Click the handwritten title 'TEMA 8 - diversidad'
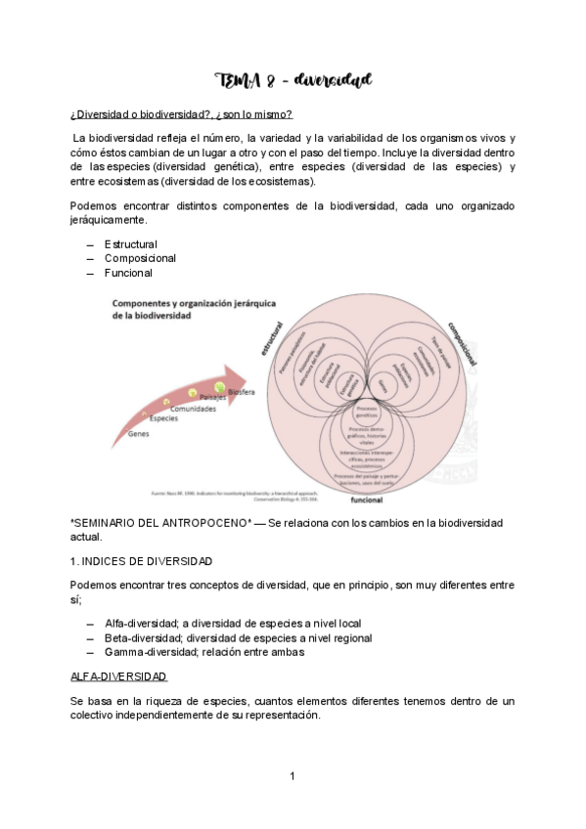click(x=293, y=79)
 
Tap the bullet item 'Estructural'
click(x=130, y=243)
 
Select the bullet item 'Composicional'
click(x=140, y=258)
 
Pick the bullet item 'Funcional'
click(x=128, y=273)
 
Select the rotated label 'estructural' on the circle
click(x=271, y=336)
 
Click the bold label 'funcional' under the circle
click(x=367, y=498)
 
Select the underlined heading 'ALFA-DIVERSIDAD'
click(x=118, y=676)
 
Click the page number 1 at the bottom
click(x=293, y=776)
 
